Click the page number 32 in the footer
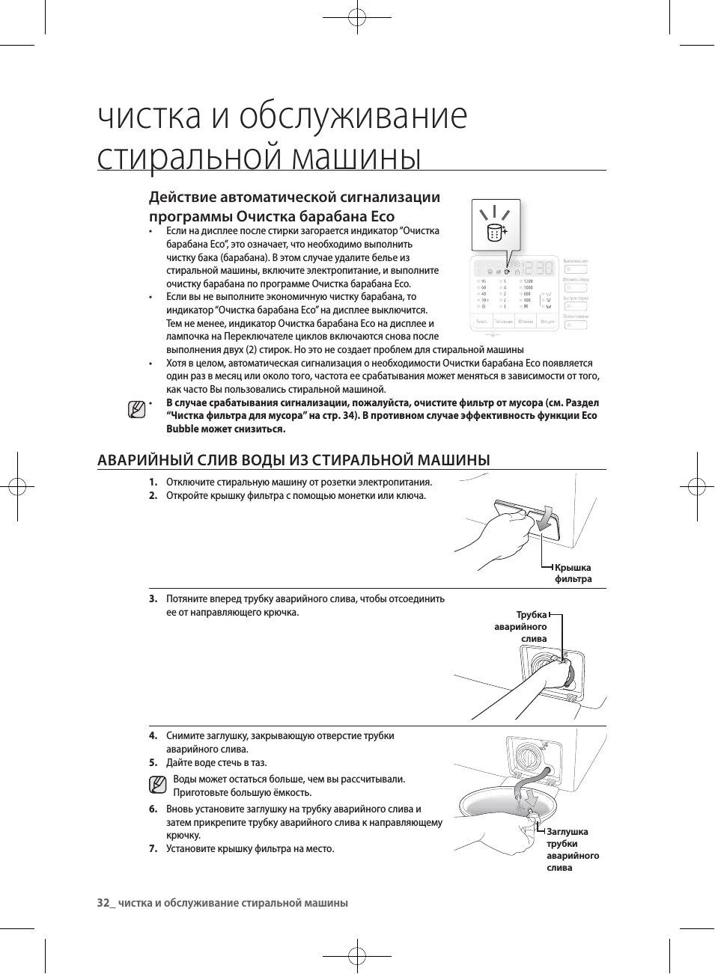104,903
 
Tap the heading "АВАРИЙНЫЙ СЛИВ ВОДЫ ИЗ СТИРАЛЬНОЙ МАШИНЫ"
293,460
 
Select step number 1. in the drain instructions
153,482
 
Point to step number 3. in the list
153,598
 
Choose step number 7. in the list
153,848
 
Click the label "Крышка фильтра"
573,573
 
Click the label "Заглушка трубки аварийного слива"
572,849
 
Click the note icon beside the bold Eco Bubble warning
136,409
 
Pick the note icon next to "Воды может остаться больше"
157,785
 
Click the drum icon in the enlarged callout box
494,233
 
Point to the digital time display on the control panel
538,267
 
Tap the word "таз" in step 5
258,763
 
